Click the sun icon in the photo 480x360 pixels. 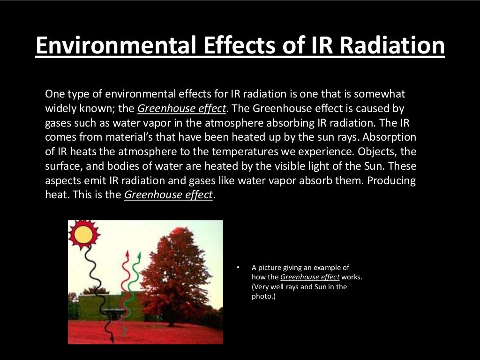point(83,234)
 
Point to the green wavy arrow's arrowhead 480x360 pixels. point(138,256)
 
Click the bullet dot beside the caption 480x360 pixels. point(238,268)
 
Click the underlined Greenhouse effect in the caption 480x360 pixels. point(309,277)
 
